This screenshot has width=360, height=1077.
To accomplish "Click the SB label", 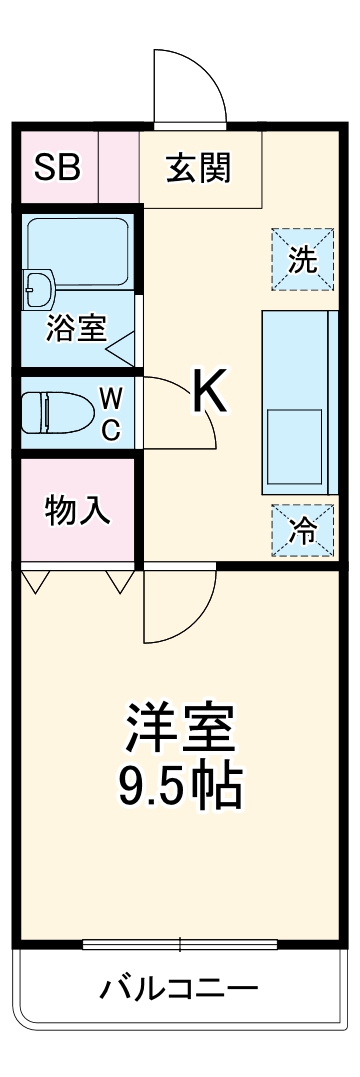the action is pos(56,167).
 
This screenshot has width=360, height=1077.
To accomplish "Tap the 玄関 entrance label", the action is pos(198,167).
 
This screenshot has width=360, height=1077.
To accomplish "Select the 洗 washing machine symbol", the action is pos(302,259).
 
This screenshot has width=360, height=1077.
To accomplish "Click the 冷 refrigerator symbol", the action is pos(302,531).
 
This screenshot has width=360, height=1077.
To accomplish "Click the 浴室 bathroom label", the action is pos(75,329).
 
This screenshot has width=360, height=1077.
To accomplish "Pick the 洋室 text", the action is pos(180,729).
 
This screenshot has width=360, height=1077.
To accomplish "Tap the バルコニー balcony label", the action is pos(179,989).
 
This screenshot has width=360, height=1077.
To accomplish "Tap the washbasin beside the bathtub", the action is pos(38,288).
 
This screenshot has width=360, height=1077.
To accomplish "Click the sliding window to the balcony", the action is pos(180,944).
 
